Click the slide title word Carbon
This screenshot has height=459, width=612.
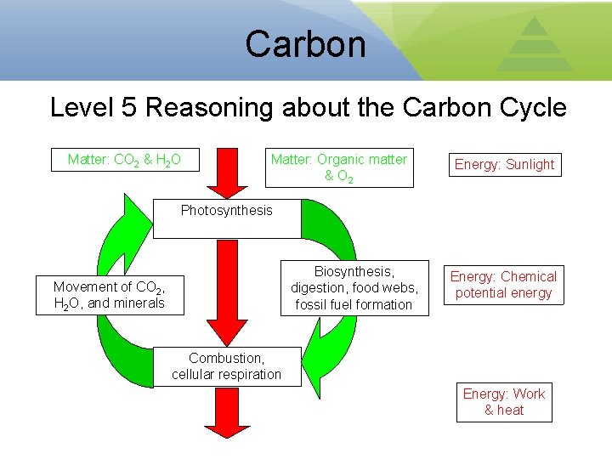(305, 43)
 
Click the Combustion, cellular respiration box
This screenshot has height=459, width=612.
(227, 366)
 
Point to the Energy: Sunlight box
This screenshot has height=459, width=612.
(504, 165)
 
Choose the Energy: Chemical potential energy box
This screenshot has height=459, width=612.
(503, 285)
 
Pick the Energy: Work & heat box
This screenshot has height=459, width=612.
(504, 402)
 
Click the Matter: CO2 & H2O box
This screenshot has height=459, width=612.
(133, 159)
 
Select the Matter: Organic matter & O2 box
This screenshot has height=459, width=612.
(338, 167)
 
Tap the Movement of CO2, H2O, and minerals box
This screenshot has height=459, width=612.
(110, 295)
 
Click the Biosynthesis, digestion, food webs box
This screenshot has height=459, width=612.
(354, 288)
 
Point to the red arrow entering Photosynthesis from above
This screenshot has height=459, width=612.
(227, 173)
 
